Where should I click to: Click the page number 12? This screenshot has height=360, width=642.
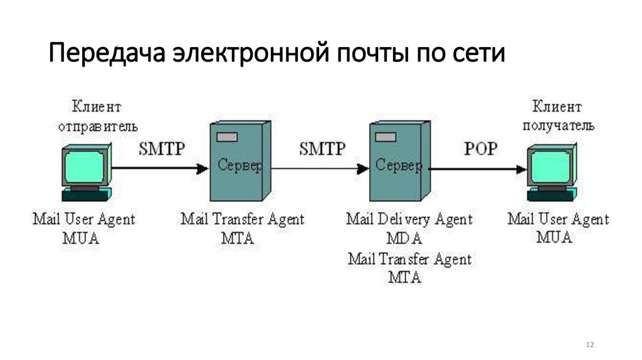coord(589,345)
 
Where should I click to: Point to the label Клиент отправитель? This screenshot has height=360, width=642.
coord(97,115)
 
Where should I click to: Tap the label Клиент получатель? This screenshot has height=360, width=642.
coord(555,115)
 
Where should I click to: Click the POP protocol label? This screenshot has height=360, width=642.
coord(481,149)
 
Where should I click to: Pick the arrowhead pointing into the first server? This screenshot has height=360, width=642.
coord(202,168)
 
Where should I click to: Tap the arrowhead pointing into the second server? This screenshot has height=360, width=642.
coord(362,168)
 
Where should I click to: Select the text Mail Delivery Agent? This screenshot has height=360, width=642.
coord(409,220)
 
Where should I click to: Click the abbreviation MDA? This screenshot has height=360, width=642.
coord(405,239)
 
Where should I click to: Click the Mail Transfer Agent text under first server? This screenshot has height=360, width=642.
coord(242,220)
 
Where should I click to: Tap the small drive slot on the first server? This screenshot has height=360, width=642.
coord(226,137)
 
